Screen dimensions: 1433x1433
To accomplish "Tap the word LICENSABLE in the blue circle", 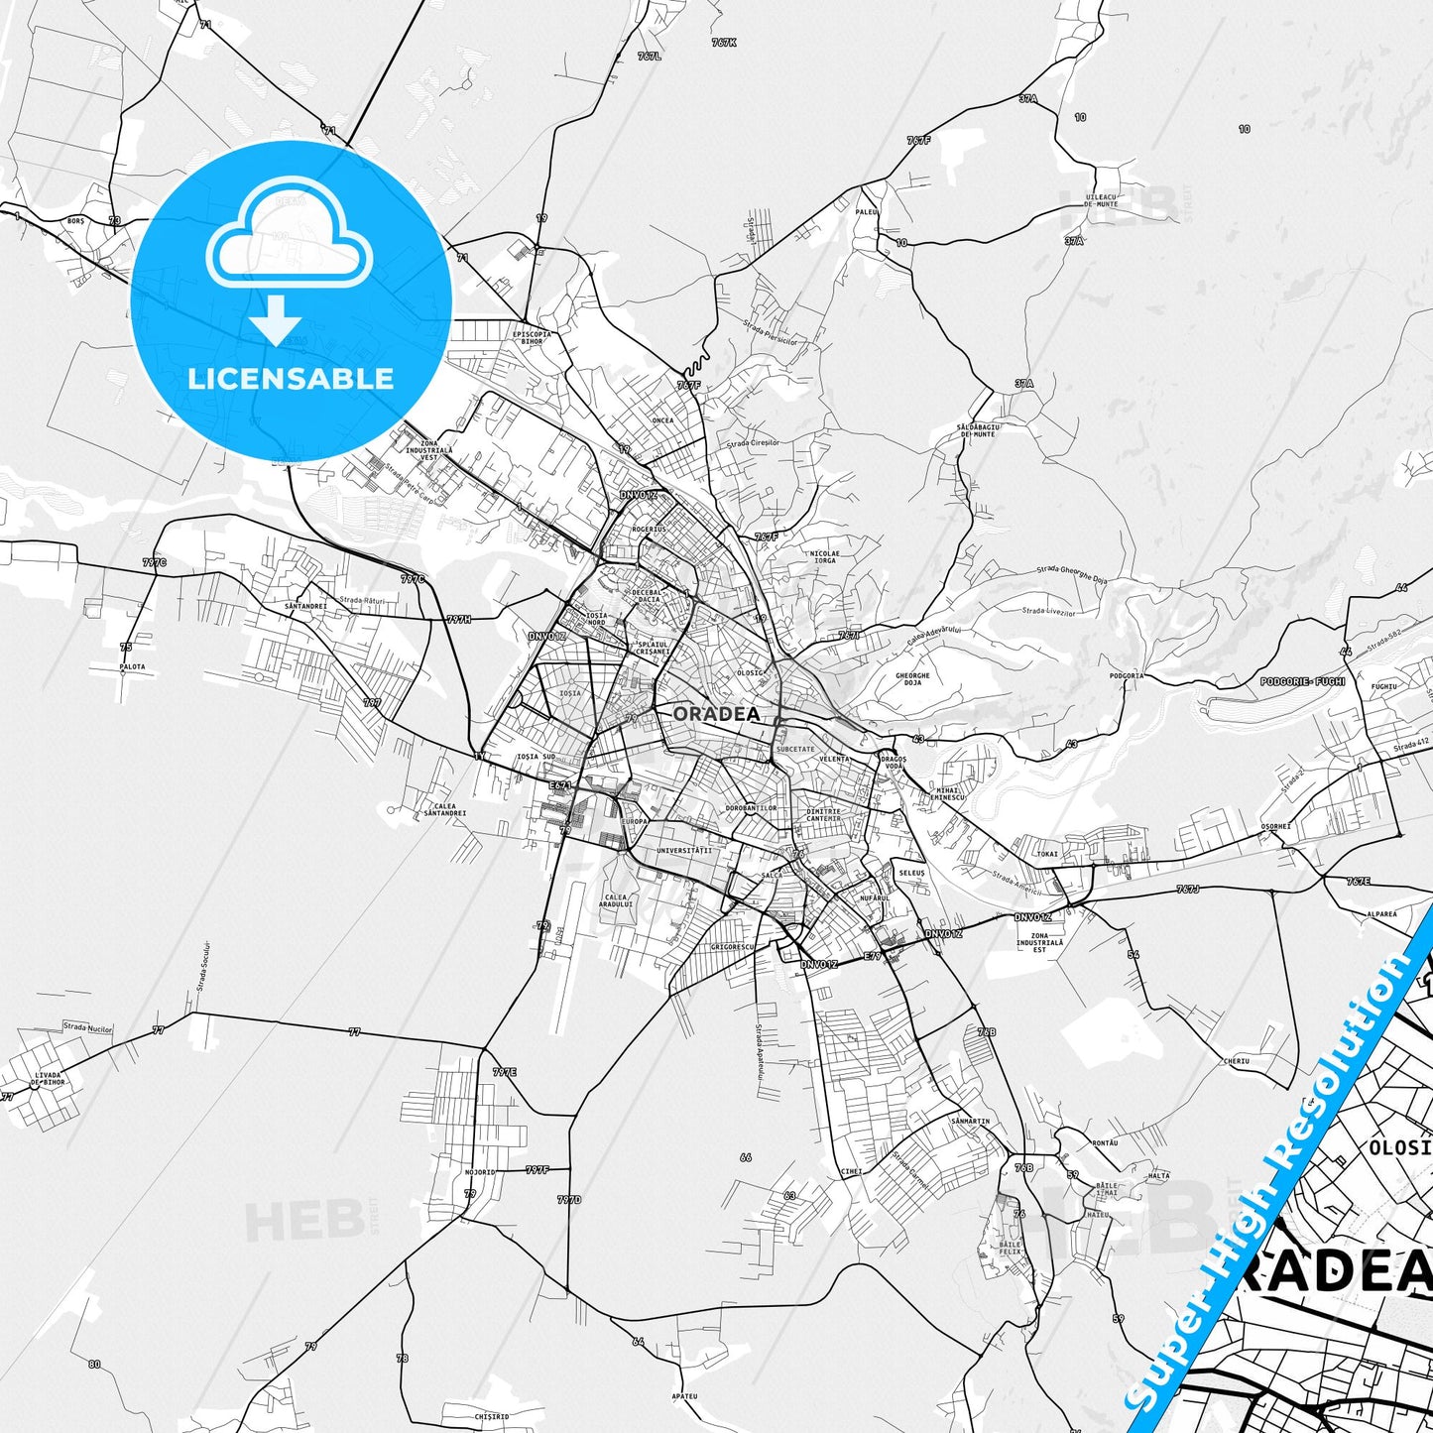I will click(291, 379).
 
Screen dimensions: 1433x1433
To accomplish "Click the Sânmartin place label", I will click(969, 1122).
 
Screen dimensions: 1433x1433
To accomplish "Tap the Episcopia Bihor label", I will click(532, 337).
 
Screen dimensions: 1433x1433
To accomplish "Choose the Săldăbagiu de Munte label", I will click(977, 429).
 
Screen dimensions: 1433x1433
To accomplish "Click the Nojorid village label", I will click(479, 1172).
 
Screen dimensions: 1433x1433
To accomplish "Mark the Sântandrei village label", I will click(305, 605).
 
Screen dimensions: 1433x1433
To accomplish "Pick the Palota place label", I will click(132, 666).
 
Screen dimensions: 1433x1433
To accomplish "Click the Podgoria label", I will click(1127, 675).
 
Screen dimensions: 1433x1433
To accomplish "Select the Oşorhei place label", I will click(1276, 825).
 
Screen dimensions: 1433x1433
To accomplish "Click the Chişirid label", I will click(491, 1416).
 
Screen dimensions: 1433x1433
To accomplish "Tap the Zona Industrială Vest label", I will click(429, 451).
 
